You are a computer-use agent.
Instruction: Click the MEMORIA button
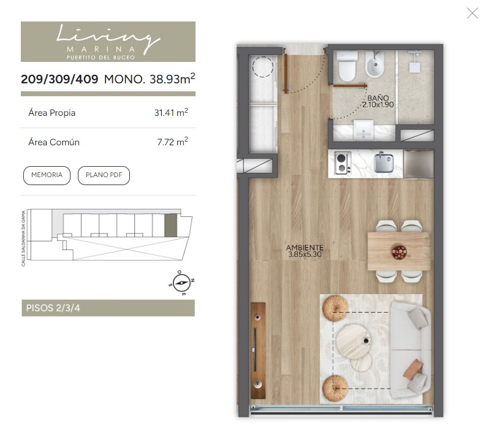47,175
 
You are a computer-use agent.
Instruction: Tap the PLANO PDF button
104,175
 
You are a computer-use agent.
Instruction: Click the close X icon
472,13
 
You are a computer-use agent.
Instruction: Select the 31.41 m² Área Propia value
171,112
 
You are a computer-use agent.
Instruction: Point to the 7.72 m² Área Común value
172,142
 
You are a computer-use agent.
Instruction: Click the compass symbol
181,283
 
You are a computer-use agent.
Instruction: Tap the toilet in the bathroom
347,66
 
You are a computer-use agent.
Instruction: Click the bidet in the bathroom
375,64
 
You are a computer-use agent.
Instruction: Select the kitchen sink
384,162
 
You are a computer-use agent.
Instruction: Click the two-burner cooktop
343,164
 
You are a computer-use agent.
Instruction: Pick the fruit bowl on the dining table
399,251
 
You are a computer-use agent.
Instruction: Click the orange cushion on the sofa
413,368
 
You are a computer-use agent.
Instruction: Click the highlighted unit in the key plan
170,226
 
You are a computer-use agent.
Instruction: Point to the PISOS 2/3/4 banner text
53,308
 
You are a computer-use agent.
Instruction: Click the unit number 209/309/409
59,79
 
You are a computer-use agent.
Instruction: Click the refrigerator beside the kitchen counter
419,164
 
